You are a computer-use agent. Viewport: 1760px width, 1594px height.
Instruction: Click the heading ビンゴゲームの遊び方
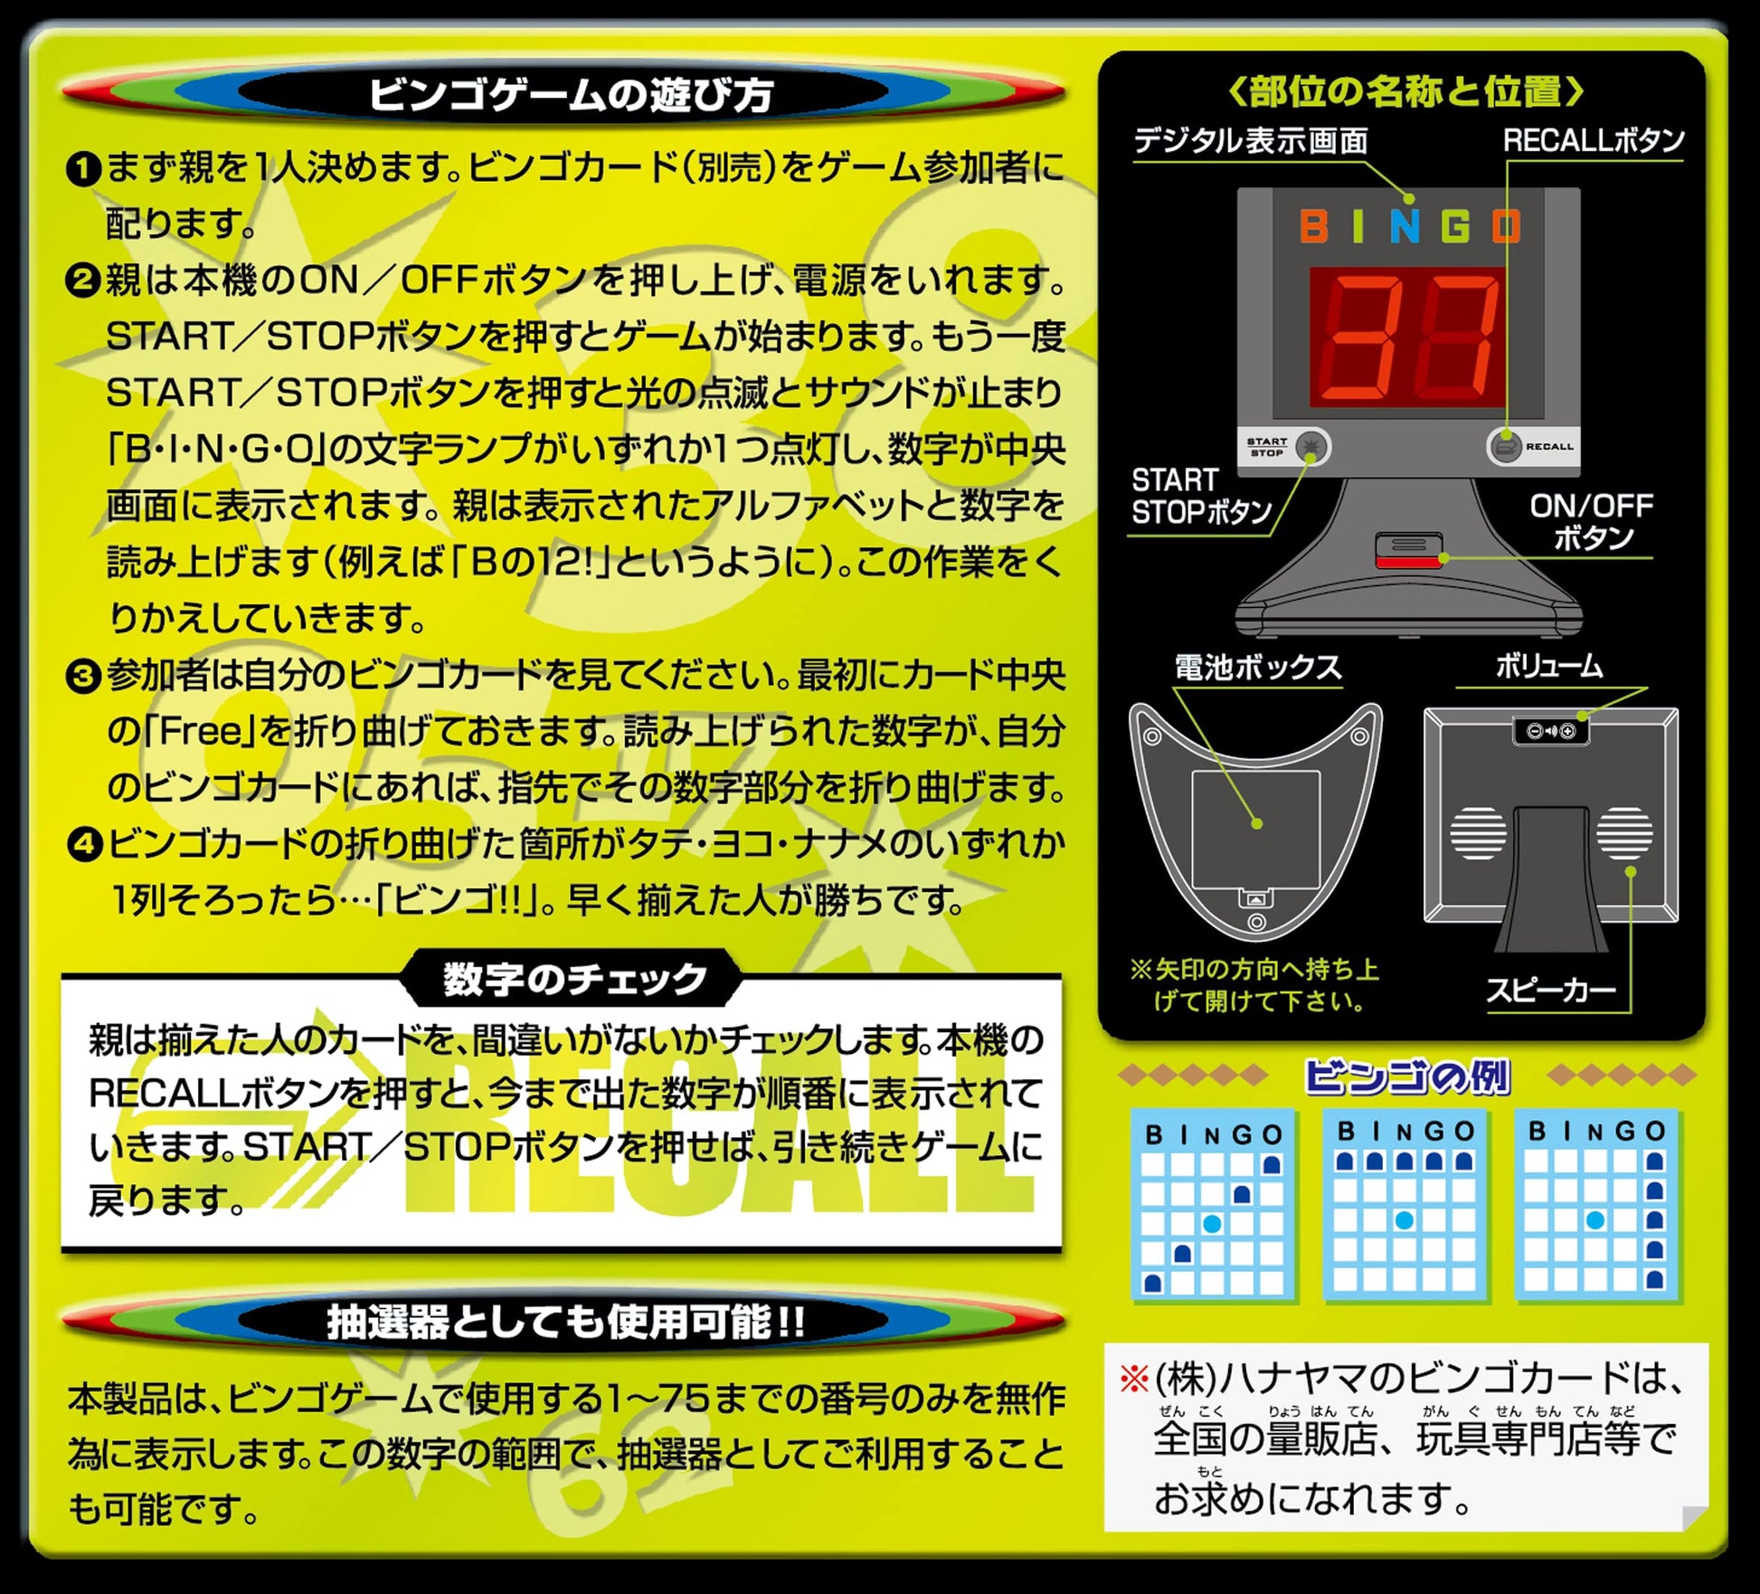(x=571, y=94)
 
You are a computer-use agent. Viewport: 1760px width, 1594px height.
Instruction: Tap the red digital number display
(x=1408, y=336)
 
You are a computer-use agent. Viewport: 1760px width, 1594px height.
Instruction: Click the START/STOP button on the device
(x=1311, y=446)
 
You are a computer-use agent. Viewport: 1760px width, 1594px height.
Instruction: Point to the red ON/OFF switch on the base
(x=1408, y=561)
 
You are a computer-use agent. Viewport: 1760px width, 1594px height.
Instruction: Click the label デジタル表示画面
(x=1251, y=141)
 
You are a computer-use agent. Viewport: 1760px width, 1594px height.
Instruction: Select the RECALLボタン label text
(x=1593, y=140)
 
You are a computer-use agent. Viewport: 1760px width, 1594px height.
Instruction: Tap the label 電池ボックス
(x=1258, y=668)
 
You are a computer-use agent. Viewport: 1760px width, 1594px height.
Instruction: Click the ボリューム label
(x=1549, y=667)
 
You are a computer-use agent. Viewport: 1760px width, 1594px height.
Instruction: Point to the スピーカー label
(x=1551, y=990)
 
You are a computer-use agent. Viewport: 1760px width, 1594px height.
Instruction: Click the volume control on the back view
(x=1551, y=731)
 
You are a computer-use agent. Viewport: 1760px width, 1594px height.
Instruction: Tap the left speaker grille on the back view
(x=1479, y=833)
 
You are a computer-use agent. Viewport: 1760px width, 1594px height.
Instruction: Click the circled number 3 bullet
(x=83, y=676)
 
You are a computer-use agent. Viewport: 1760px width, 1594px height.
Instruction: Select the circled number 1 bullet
(x=83, y=168)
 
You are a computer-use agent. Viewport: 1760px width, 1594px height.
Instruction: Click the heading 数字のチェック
(x=574, y=979)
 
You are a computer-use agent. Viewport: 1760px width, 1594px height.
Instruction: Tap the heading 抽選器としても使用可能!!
(x=566, y=1322)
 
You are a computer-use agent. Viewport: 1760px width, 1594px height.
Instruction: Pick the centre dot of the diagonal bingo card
(x=1213, y=1224)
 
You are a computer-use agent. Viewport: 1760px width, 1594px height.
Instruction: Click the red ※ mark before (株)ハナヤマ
(x=1134, y=1380)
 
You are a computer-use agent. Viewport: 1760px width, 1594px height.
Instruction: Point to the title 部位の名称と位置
(x=1405, y=90)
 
